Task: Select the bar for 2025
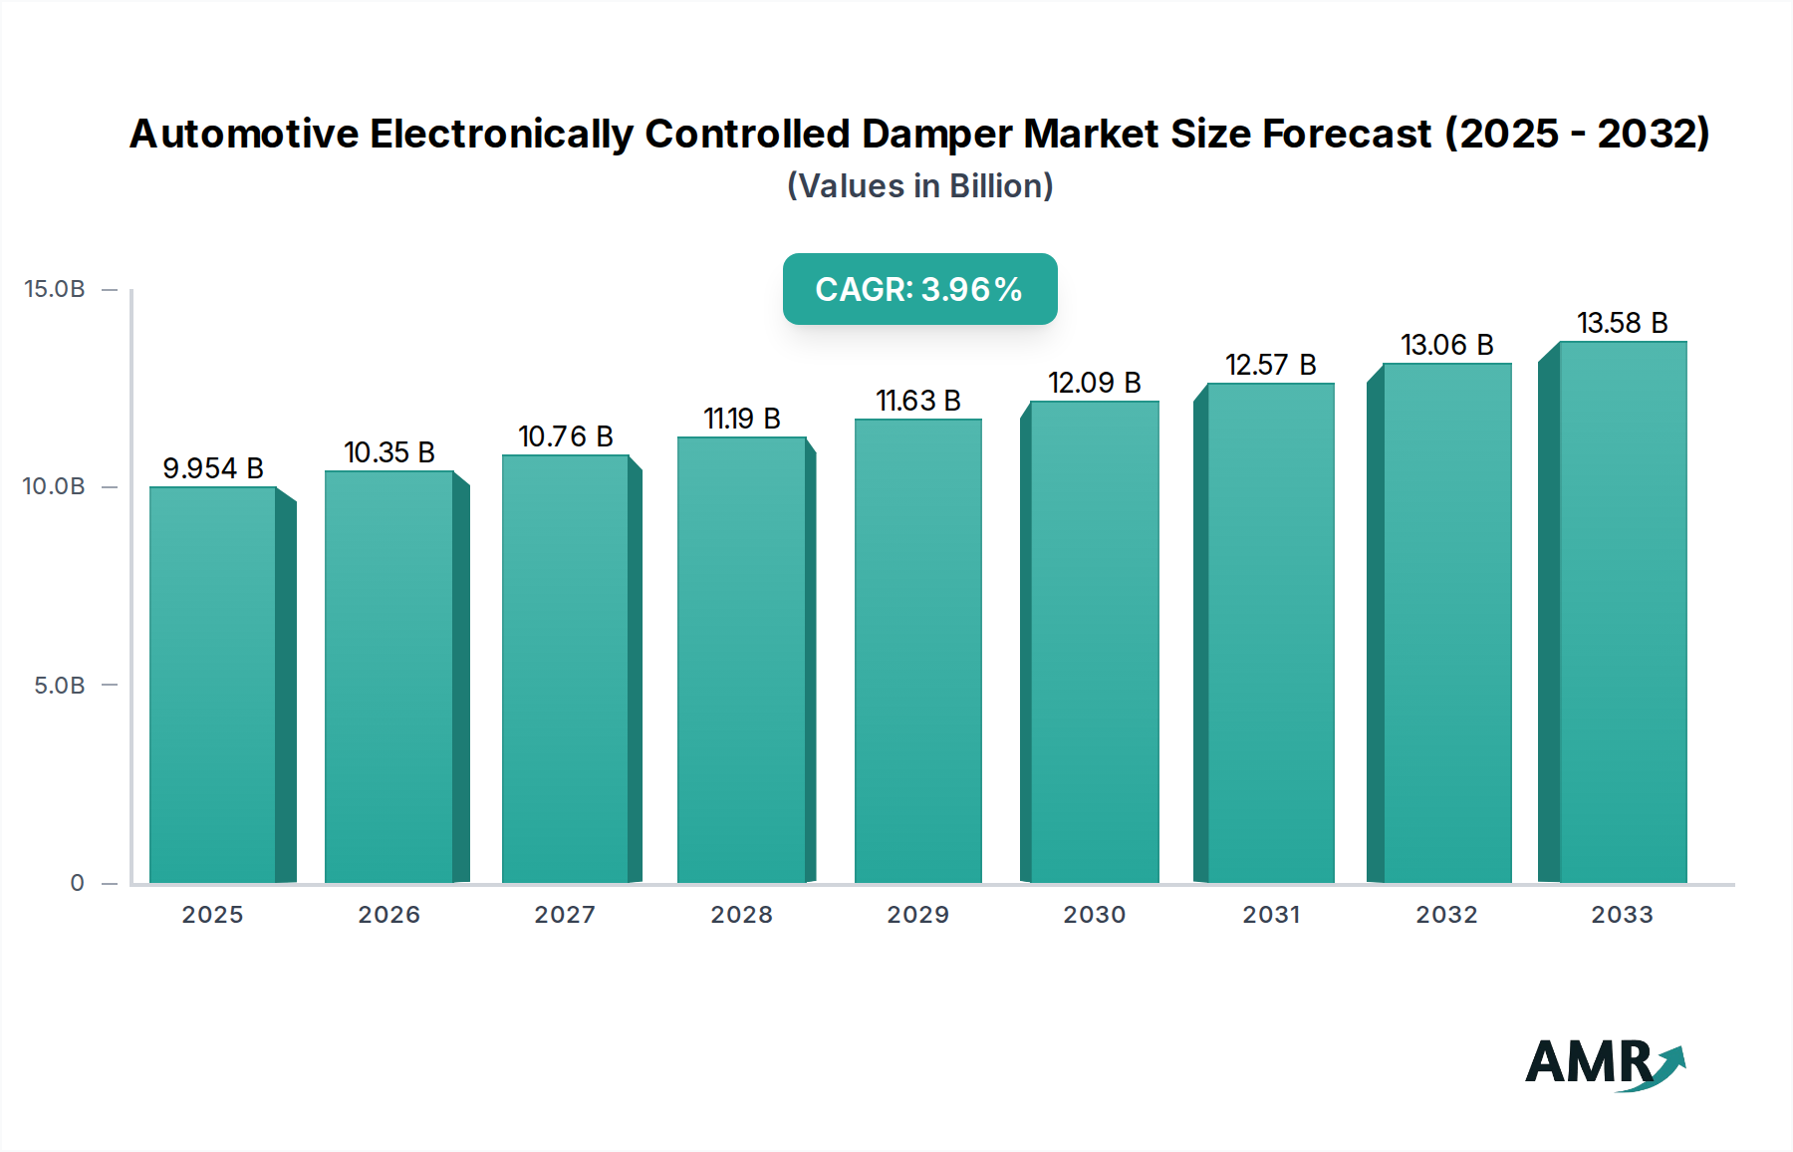click(212, 686)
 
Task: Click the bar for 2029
click(917, 652)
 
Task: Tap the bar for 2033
click(1622, 613)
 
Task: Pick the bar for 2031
click(1270, 634)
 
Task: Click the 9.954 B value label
click(212, 468)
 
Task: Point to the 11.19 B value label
click(741, 419)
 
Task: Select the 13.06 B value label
click(1446, 345)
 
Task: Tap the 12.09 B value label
click(1094, 383)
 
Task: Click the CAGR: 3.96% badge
click(918, 289)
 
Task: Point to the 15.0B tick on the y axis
click(55, 289)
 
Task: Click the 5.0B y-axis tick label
click(59, 686)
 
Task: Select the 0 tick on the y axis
click(77, 883)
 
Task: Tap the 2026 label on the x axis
click(388, 915)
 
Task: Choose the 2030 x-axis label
click(1094, 915)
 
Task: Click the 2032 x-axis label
click(1446, 915)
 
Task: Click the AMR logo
click(1604, 1064)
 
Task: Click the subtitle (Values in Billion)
click(919, 186)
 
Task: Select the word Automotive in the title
click(244, 134)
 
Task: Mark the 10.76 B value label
click(565, 436)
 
